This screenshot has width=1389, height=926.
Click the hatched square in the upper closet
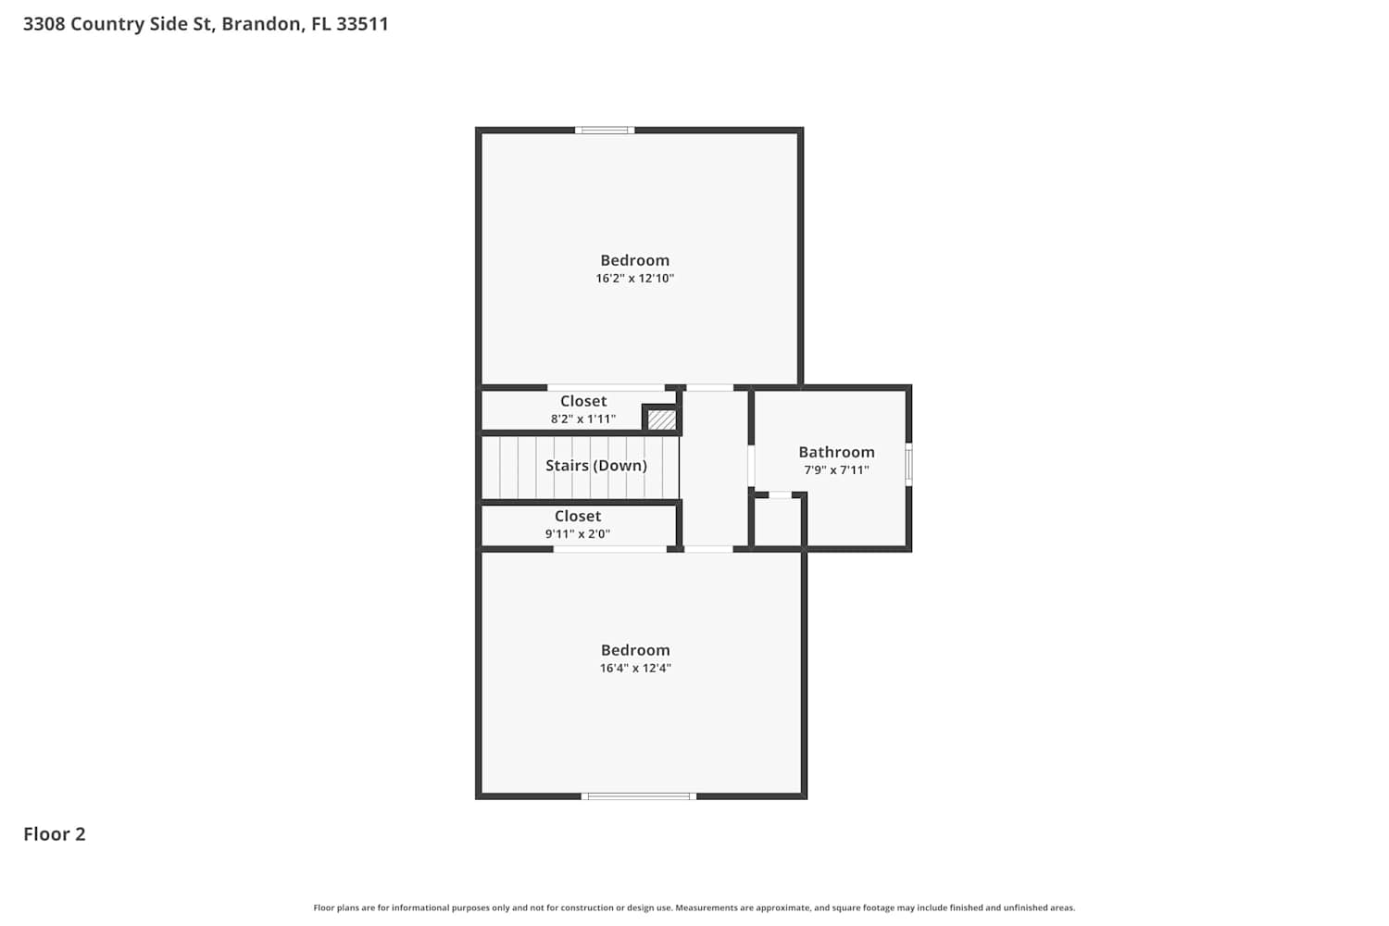pos(661,419)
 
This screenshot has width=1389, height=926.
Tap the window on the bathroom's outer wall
pos(908,464)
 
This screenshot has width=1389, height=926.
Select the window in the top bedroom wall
pos(605,131)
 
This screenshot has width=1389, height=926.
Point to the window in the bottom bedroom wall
pos(639,796)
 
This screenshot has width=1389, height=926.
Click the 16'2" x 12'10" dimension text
pos(635,279)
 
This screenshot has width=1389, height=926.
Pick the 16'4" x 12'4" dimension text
pos(635,668)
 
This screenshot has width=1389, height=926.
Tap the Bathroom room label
pos(836,452)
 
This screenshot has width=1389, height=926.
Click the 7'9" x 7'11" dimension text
pos(836,470)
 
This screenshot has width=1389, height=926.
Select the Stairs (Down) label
pos(596,466)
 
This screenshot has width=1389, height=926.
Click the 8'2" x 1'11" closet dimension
pos(583,419)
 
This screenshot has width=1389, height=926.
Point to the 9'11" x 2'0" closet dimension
pos(578,534)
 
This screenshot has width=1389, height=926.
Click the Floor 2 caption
pos(55,834)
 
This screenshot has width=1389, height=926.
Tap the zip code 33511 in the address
pos(363,23)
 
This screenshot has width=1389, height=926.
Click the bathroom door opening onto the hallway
pos(751,465)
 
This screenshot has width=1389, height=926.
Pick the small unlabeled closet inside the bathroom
pos(778,521)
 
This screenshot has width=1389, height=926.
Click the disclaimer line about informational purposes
pos(694,908)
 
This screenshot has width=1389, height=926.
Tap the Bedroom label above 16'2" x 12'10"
pos(635,260)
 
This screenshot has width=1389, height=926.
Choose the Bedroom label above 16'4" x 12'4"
pos(635,650)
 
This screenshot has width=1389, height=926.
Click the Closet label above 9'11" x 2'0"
pos(578,516)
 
